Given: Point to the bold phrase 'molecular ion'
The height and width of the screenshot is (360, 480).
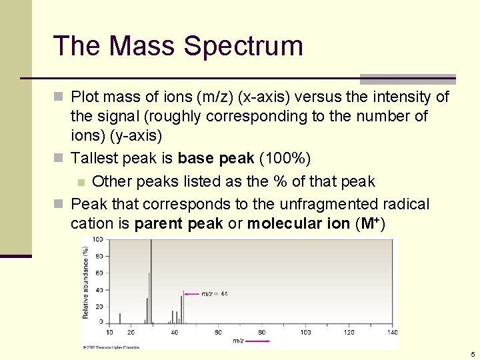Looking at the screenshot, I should click(x=298, y=223).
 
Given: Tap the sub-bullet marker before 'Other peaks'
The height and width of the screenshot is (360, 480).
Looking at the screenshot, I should click(x=81, y=182).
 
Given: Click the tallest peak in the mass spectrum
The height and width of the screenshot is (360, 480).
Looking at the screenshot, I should click(x=151, y=280).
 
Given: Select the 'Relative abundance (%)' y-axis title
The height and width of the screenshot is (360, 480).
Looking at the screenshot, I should click(x=85, y=283).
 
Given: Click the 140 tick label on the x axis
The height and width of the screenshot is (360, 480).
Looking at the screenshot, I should click(x=393, y=332).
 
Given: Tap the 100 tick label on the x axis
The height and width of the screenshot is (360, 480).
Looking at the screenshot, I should click(x=305, y=332).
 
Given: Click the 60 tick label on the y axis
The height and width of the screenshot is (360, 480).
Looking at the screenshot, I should click(x=98, y=273).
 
